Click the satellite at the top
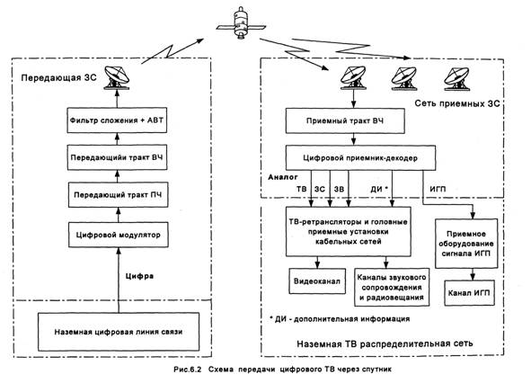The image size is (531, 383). tap(241, 24)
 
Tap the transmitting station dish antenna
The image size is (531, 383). tap(117, 78)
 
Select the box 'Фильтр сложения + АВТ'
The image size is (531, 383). tap(117, 120)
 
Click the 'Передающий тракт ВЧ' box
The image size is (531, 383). tap(117, 157)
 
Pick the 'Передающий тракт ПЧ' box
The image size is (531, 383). tap(119, 195)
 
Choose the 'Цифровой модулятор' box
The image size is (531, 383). tap(119, 235)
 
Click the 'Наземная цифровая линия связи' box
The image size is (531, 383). tap(119, 332)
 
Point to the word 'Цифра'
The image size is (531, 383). tap(139, 276)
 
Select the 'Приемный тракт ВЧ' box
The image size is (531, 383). tap(345, 121)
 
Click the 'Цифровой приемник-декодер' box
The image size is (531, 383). tap(360, 158)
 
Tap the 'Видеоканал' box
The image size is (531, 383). tap(317, 281)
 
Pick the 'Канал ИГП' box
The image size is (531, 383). tap(469, 293)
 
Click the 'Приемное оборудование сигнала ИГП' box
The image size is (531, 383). tap(466, 244)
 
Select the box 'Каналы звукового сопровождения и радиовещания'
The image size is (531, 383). tap(392, 287)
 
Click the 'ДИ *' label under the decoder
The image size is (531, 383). tap(379, 189)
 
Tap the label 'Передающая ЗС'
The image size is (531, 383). tap(59, 78)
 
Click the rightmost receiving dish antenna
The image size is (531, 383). tap(456, 78)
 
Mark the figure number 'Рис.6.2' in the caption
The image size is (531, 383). tap(188, 370)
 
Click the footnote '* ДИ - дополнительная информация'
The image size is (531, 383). tap(340, 319)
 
